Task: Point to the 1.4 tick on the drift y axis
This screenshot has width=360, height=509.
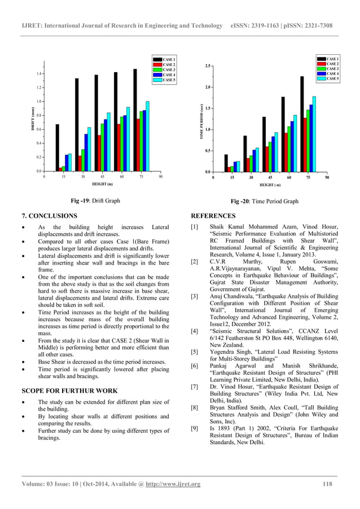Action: point(38,74)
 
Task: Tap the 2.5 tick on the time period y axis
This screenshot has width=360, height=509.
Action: point(208,67)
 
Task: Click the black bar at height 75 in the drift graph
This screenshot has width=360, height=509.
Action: point(135,120)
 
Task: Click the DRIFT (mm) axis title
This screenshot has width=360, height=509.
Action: point(32,120)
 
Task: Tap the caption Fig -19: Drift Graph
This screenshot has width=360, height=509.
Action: point(95,201)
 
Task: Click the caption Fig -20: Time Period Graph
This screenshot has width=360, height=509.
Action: point(265,201)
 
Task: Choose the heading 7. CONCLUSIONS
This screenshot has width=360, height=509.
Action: point(49,216)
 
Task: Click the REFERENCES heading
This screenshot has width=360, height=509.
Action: point(213,216)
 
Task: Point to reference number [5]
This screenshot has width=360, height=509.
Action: point(195,352)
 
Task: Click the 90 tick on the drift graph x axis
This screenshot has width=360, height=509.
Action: point(161,177)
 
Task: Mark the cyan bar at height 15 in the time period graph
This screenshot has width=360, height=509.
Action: point(238,166)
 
